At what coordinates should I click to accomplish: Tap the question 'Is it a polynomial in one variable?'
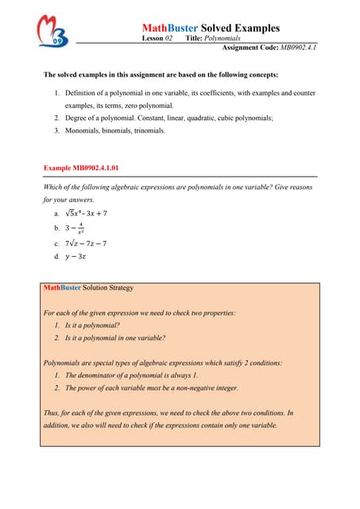tap(114, 338)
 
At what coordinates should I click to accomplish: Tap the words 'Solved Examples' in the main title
tap(240, 28)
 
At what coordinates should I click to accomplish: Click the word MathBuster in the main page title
tap(169, 28)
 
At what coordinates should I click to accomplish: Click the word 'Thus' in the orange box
tap(52, 413)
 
